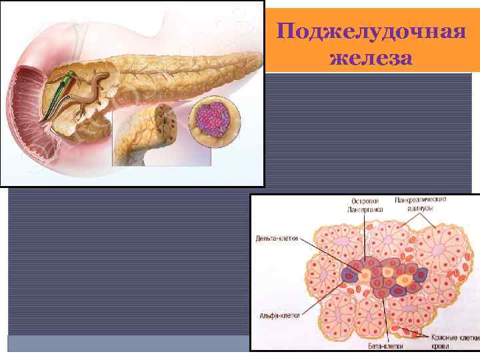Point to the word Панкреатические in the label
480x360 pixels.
click(420, 199)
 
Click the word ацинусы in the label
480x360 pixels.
click(420, 209)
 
